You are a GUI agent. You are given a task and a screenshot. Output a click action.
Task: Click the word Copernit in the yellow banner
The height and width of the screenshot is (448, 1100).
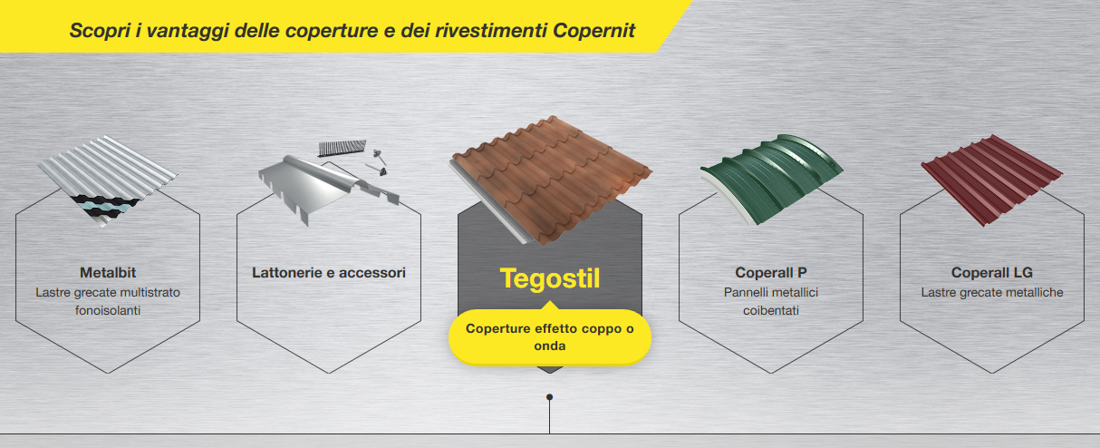594,31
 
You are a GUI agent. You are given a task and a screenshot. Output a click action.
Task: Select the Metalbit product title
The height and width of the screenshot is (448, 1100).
108,272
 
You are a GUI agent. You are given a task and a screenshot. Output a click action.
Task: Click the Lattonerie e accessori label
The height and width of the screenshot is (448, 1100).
329,272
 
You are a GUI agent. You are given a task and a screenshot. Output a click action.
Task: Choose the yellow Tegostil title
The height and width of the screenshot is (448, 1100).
549,278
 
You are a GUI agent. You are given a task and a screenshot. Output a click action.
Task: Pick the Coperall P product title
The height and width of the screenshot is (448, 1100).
771,272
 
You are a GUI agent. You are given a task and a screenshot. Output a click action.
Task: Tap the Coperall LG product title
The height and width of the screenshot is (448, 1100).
992,272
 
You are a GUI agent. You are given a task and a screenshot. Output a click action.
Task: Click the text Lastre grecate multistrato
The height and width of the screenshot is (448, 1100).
108,293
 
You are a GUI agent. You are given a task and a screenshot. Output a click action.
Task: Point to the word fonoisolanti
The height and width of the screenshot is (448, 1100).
108,310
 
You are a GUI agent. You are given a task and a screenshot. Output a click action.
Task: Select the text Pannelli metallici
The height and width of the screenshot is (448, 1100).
771,293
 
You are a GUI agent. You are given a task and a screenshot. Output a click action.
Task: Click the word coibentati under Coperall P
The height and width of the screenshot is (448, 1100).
771,310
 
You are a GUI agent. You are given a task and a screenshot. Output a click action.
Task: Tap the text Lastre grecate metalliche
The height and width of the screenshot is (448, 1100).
992,293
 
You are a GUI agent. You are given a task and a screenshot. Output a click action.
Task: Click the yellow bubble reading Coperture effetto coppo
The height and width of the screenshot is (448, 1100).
549,337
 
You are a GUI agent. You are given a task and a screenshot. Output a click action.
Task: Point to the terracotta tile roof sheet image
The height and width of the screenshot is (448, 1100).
550,180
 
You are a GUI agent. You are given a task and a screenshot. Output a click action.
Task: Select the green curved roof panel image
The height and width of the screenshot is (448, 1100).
771,180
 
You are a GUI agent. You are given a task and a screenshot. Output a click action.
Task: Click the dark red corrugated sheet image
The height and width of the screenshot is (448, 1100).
992,180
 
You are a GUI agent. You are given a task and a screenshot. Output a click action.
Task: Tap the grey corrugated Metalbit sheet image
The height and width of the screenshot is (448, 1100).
108,180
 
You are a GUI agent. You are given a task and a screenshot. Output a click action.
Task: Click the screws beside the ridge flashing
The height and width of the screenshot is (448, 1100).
377,163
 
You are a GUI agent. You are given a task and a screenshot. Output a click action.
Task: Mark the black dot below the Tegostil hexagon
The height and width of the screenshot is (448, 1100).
549,397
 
